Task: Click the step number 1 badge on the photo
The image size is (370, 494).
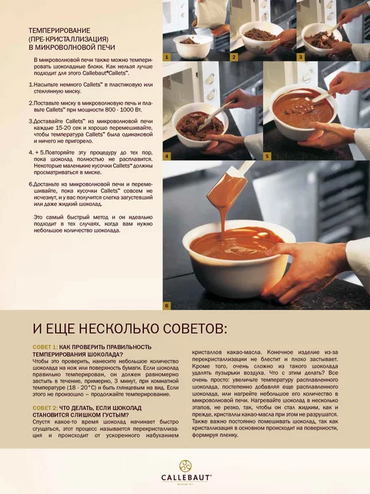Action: point(166,57)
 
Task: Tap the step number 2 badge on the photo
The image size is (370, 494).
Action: point(234,57)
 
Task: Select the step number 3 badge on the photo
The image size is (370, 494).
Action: point(300,57)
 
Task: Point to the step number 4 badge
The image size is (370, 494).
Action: point(166,157)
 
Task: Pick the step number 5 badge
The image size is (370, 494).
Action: point(267,157)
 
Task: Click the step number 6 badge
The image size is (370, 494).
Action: point(166,306)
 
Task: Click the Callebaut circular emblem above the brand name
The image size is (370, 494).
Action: point(186,466)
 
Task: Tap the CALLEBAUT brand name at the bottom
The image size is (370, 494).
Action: point(186,477)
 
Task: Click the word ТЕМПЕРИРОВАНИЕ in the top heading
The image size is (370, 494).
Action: point(60,31)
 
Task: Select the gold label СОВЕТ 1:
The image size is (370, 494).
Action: point(45,347)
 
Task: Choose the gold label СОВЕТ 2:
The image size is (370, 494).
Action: point(45,408)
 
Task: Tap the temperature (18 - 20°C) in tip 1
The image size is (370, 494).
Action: point(77,388)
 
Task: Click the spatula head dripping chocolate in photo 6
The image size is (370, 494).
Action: point(225,188)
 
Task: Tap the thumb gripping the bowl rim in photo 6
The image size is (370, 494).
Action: point(276,249)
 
